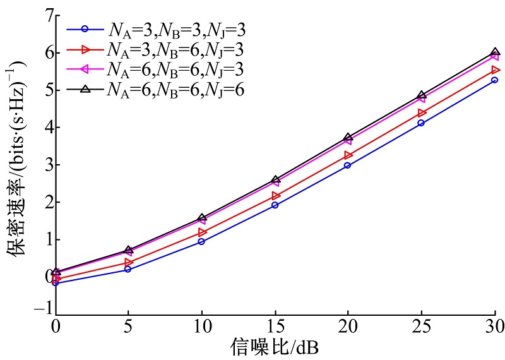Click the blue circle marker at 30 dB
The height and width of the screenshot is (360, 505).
point(495,80)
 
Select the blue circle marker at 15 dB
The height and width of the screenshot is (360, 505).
point(275,205)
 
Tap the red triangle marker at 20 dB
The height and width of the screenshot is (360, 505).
point(348,155)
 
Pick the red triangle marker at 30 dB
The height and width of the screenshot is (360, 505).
point(495,70)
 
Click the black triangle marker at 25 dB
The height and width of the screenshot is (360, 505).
point(422,95)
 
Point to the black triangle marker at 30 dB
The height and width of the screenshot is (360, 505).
point(495,53)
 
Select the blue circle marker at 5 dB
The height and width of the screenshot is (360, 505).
point(129,269)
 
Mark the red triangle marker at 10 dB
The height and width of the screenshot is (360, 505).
point(202,232)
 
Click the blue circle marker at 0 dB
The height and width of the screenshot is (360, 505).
point(56,283)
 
